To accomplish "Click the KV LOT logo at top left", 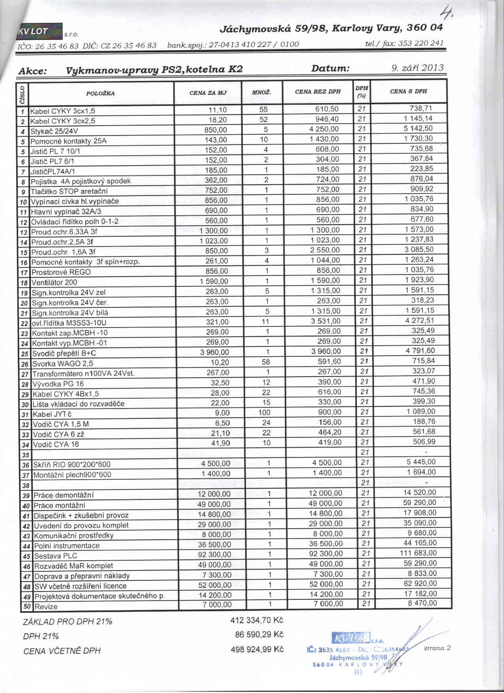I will [x=39, y=32].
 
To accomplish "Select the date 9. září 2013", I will [x=417, y=68].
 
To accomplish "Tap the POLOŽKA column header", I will [x=100, y=93].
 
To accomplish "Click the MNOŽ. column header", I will [x=261, y=92].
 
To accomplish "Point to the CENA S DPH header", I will [x=408, y=91].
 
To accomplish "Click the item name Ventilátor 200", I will [x=54, y=282].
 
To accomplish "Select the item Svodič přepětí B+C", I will [x=64, y=353].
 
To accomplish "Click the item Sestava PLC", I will [x=55, y=556].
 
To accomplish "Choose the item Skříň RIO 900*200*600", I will [x=72, y=465].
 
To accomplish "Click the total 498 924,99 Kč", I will [x=257, y=650].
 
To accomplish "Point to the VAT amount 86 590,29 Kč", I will [x=259, y=635].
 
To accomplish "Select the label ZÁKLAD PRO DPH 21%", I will [x=68, y=621].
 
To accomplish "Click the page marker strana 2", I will [x=437, y=648].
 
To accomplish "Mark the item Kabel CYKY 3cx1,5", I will [x=62, y=111].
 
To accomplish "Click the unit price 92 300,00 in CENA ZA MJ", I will [x=214, y=554].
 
